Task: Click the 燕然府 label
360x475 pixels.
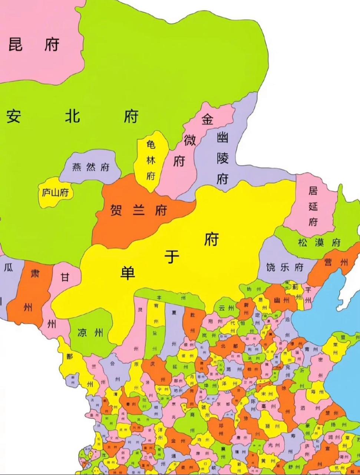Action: click(x=91, y=167)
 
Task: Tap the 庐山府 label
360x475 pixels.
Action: click(x=55, y=193)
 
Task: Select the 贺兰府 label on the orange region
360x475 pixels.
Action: click(x=139, y=211)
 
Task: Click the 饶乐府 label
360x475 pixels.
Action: click(x=285, y=267)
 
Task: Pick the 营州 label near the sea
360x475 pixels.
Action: click(x=336, y=262)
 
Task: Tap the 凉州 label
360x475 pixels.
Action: click(x=90, y=332)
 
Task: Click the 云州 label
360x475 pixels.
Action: click(x=227, y=308)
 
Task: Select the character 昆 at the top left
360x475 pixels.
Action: click(x=15, y=44)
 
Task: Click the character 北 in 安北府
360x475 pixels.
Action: click(x=72, y=117)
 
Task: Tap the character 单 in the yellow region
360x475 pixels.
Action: click(x=128, y=273)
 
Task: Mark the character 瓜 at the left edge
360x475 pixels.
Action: click(x=8, y=268)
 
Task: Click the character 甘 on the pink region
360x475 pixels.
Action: click(x=65, y=277)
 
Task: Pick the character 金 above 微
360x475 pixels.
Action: click(x=207, y=120)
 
